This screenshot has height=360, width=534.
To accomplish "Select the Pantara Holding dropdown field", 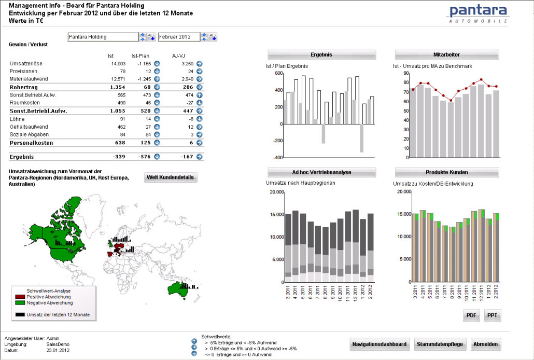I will coord(103,37).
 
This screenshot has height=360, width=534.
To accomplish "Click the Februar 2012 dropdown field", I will coord(178,37).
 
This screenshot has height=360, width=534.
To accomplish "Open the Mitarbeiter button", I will coord(446,54).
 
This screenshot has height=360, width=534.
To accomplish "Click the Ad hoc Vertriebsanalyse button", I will coord(321,172).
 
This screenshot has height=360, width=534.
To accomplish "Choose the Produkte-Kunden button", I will coord(446,172).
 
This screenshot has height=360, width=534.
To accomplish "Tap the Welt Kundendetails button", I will coord(171,177).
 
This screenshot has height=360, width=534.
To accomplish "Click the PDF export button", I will coord(471,315).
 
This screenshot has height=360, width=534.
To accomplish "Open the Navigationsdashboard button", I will coord(380,344).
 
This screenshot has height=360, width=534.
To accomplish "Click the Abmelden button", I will coord(486,344).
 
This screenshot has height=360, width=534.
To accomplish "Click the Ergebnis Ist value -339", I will coord(119,157).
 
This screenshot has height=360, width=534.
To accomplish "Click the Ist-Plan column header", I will coord(140,56).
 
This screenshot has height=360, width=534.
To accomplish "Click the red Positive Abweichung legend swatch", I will coord(20,297).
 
